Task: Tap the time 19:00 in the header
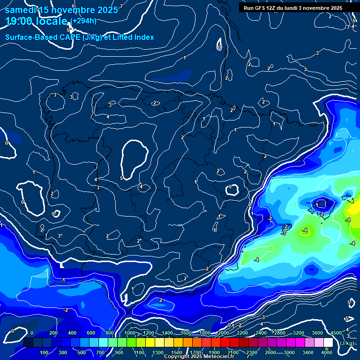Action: tap(20, 21)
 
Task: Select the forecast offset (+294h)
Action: tap(83, 20)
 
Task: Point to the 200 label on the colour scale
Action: tap(53, 333)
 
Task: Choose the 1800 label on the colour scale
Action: tap(205, 333)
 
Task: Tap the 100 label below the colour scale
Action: tap(45, 352)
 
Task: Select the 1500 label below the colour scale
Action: tap(177, 352)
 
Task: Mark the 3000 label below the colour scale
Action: tap(289, 352)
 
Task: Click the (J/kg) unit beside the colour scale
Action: tap(346, 343)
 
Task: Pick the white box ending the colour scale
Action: tap(328, 343)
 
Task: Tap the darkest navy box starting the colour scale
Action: tap(28, 343)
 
